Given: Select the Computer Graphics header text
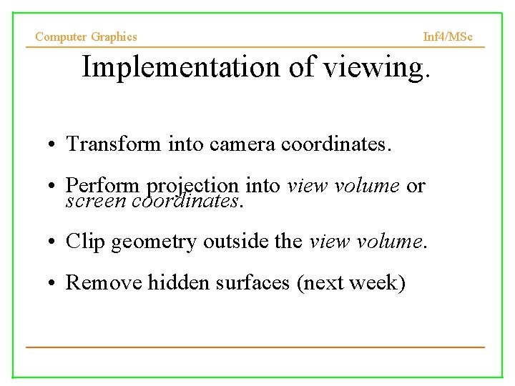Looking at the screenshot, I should pyautogui.click(x=86, y=36).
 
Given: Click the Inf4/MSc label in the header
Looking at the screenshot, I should pyautogui.click(x=448, y=36).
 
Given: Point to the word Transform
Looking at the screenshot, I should pyautogui.click(x=114, y=144).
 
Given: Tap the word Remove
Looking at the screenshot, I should pyautogui.click(x=104, y=282).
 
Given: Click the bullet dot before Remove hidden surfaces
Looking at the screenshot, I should pyautogui.click(x=54, y=283).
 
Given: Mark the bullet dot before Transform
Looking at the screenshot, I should pyautogui.click(x=54, y=144).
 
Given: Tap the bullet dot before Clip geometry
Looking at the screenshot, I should pyautogui.click(x=54, y=242).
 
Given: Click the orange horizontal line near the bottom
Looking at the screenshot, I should pyautogui.click(x=255, y=347).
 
